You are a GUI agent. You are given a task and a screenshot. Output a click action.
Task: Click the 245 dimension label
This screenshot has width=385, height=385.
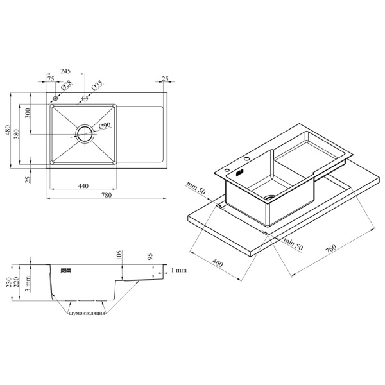click(x=65, y=71)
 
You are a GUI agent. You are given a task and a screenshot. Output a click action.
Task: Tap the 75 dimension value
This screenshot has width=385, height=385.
click(x=51, y=78)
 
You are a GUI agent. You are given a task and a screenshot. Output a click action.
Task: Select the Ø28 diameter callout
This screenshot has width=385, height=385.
click(x=66, y=85)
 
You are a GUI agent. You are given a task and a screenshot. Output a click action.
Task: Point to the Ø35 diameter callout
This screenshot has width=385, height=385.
click(x=97, y=85)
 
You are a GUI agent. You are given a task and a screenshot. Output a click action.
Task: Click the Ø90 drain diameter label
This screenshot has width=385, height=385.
click(x=105, y=126)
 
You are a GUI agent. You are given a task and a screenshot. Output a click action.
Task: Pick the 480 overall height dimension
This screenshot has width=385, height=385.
click(x=8, y=130)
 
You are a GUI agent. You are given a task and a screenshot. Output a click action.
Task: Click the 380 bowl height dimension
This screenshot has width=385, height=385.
click(x=17, y=134)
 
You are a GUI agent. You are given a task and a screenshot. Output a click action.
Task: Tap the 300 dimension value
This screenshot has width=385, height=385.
click(x=28, y=113)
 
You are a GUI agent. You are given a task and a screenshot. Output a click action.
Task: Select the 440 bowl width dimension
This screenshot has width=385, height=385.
click(x=83, y=186)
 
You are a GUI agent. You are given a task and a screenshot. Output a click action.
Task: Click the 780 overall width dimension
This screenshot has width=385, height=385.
click(x=107, y=195)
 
